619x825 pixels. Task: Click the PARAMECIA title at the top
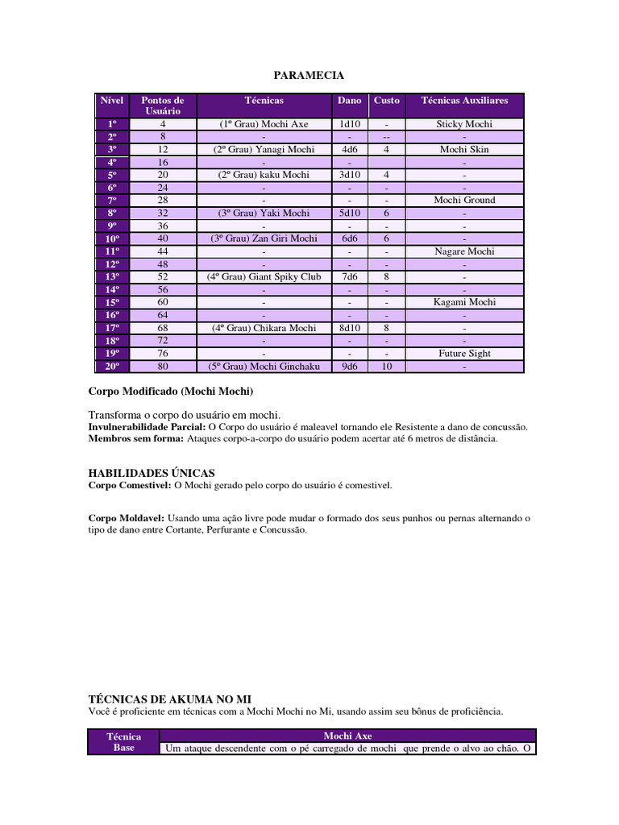(x=309, y=76)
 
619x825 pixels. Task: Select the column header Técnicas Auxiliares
(x=464, y=101)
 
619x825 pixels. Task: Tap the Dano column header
(x=349, y=101)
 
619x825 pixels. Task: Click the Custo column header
(x=387, y=101)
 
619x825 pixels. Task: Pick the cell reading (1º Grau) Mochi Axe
(x=264, y=124)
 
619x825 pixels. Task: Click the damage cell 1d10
(x=349, y=124)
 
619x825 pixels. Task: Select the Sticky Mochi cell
(x=464, y=124)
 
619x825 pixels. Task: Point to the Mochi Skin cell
(x=464, y=150)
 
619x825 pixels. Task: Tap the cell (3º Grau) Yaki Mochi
(x=264, y=214)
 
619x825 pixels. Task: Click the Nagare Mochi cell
(x=464, y=251)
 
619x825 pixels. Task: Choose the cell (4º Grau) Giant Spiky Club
(x=264, y=277)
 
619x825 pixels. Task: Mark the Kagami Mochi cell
(x=464, y=302)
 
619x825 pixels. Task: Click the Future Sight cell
(x=464, y=354)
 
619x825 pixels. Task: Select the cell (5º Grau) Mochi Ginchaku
(x=264, y=367)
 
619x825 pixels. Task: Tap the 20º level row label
(x=112, y=367)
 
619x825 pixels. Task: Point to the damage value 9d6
(x=349, y=367)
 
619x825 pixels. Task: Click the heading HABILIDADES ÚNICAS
(x=151, y=473)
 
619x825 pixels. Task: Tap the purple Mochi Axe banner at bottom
(x=347, y=736)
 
